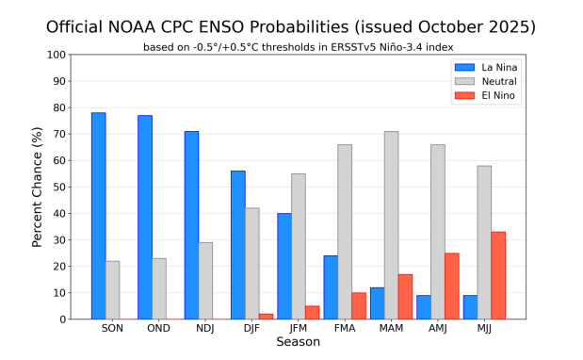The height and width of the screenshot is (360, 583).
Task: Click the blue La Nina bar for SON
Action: [98, 216]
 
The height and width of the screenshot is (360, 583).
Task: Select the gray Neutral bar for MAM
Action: [391, 225]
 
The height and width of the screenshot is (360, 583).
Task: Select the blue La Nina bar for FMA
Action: [331, 287]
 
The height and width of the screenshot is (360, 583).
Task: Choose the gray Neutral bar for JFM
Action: [299, 246]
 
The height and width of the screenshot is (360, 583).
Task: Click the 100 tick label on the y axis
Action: [57, 55]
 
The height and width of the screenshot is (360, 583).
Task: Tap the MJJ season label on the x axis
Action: [484, 329]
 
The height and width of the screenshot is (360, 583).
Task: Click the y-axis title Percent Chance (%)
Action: [38, 187]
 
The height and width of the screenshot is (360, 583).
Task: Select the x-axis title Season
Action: [298, 343]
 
